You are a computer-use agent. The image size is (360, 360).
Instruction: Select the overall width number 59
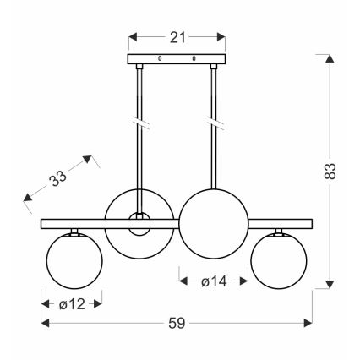(x=176, y=323)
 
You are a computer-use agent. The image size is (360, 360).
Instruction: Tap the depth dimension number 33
(x=58, y=177)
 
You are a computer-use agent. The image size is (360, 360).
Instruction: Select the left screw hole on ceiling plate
(x=160, y=58)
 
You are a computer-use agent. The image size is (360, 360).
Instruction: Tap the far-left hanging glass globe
(x=71, y=259)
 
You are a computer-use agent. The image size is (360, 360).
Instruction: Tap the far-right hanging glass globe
(x=280, y=259)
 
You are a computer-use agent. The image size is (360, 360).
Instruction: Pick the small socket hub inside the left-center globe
(x=138, y=222)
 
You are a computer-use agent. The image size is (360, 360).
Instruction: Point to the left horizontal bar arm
(x=74, y=223)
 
